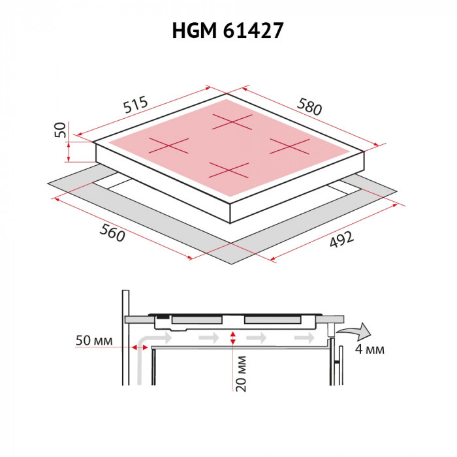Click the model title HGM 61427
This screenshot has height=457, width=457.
point(228,31)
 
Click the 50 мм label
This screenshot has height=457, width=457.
point(94,341)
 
